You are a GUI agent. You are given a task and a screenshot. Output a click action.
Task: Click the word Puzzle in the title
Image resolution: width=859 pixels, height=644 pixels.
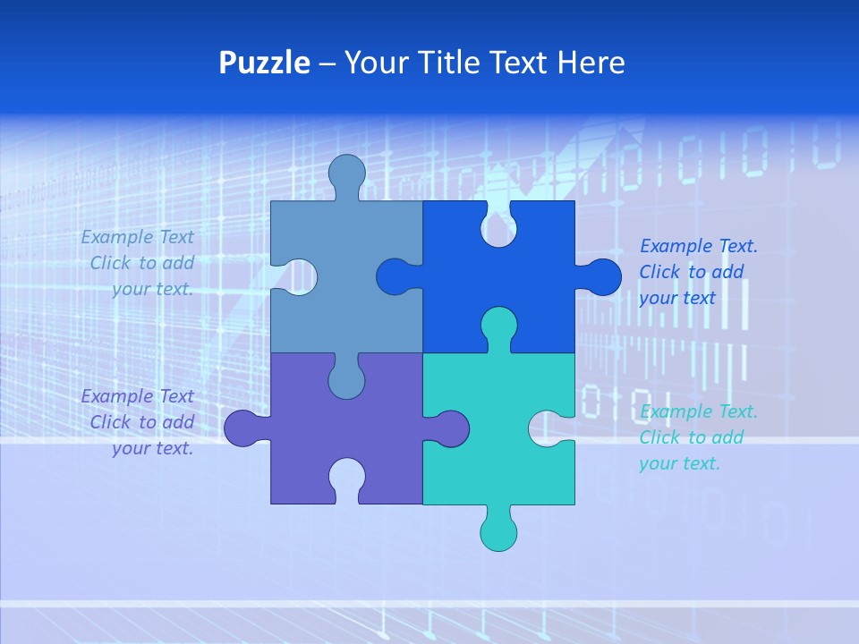[264, 63]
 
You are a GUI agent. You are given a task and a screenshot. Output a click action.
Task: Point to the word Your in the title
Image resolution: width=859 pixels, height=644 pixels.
[376, 63]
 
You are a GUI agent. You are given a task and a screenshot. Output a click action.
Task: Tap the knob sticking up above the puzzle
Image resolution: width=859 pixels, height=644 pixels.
[346, 172]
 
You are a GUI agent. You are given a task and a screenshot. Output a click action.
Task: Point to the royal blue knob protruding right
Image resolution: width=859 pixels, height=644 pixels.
[604, 276]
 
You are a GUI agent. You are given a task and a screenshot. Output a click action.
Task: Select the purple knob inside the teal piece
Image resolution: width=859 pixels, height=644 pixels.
[452, 428]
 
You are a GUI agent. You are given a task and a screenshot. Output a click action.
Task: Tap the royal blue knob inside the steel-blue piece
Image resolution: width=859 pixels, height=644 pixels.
[394, 276]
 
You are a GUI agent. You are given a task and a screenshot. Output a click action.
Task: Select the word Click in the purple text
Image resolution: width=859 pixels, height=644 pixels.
[111, 421]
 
